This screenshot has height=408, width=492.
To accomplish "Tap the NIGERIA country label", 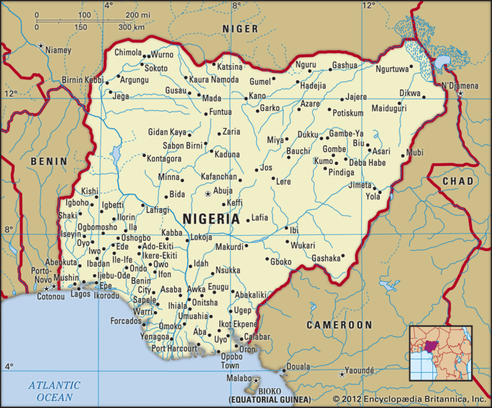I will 211,218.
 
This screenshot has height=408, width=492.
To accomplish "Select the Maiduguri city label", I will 389,108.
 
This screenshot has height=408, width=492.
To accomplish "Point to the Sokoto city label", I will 156,69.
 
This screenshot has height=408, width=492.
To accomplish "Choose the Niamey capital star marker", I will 41,46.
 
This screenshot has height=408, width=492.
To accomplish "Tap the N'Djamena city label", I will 460,86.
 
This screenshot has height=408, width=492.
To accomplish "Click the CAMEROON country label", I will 339,325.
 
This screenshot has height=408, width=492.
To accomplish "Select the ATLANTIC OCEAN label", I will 54,391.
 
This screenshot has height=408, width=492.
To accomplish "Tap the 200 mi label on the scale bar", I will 139,14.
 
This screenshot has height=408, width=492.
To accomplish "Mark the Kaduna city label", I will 227,154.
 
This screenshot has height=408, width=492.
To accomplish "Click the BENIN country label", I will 49,161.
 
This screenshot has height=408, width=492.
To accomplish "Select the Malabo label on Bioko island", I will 239,379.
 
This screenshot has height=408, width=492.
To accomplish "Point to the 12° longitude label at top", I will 369,5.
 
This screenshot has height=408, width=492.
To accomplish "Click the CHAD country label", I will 458,181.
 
